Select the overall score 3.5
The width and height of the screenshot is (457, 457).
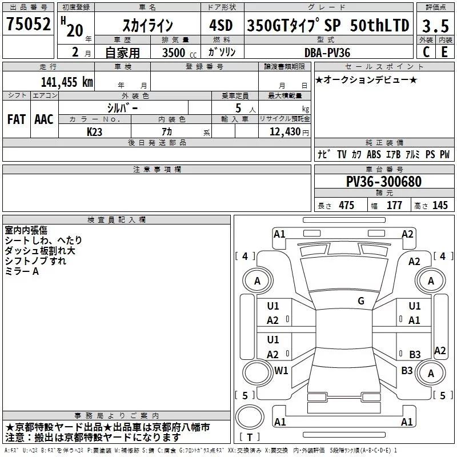click(435, 26)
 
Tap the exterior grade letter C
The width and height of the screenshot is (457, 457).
click(426, 52)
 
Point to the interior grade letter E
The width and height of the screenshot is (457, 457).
click(444, 52)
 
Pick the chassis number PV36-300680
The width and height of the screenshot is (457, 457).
click(384, 182)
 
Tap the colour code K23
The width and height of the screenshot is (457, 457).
click(95, 131)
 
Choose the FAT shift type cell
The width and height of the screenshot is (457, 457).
click(16, 119)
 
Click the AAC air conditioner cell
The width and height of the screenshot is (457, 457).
click(44, 119)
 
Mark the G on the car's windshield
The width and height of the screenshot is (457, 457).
click(361, 300)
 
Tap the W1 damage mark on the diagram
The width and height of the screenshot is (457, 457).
click(281, 370)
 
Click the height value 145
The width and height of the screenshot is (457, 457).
click(440, 206)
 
